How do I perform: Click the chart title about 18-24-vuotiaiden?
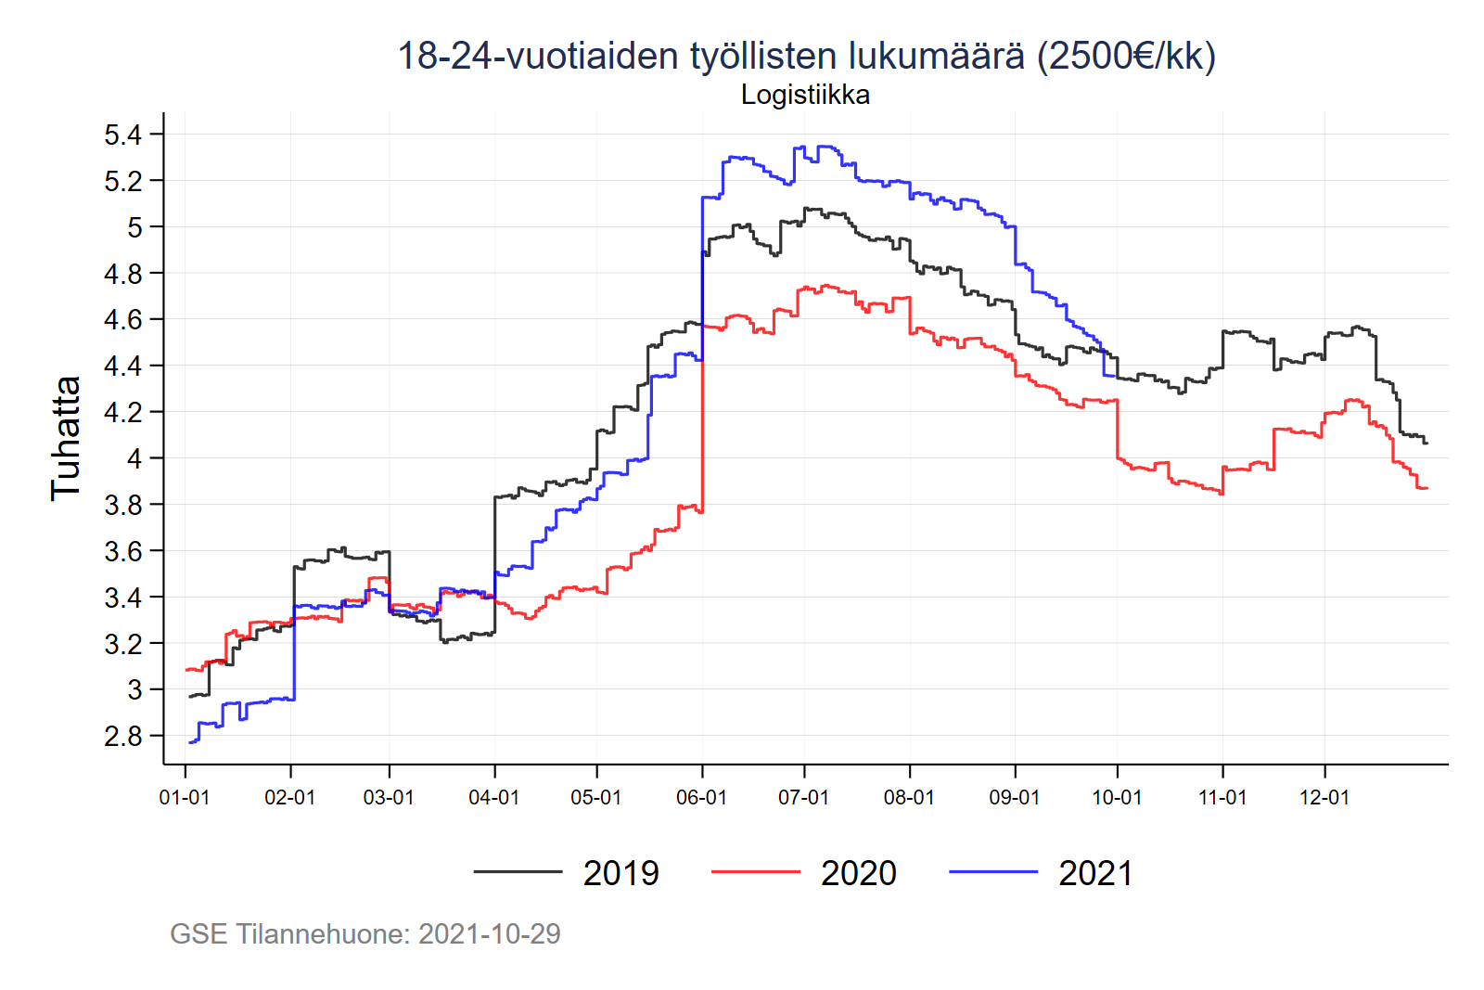click(806, 56)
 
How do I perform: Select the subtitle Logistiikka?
click(805, 95)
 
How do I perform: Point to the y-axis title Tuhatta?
click(66, 438)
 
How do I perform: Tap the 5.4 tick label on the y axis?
click(122, 135)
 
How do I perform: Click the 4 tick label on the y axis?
click(134, 458)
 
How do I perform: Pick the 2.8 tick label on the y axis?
click(122, 736)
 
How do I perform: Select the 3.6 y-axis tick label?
click(122, 551)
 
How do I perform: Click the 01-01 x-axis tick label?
click(185, 797)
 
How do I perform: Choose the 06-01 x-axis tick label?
click(701, 797)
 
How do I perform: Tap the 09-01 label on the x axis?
click(1015, 797)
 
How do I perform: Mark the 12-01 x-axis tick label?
click(1324, 797)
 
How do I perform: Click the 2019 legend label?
click(620, 873)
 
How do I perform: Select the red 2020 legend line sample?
click(755, 872)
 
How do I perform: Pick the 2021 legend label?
click(1095, 873)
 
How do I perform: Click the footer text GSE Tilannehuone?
click(290, 933)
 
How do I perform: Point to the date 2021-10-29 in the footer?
click(489, 933)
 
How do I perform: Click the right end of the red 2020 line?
click(1426, 488)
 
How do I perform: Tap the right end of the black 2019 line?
click(1426, 443)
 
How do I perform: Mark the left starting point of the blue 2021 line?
click(189, 742)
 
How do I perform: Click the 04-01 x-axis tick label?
click(493, 797)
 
